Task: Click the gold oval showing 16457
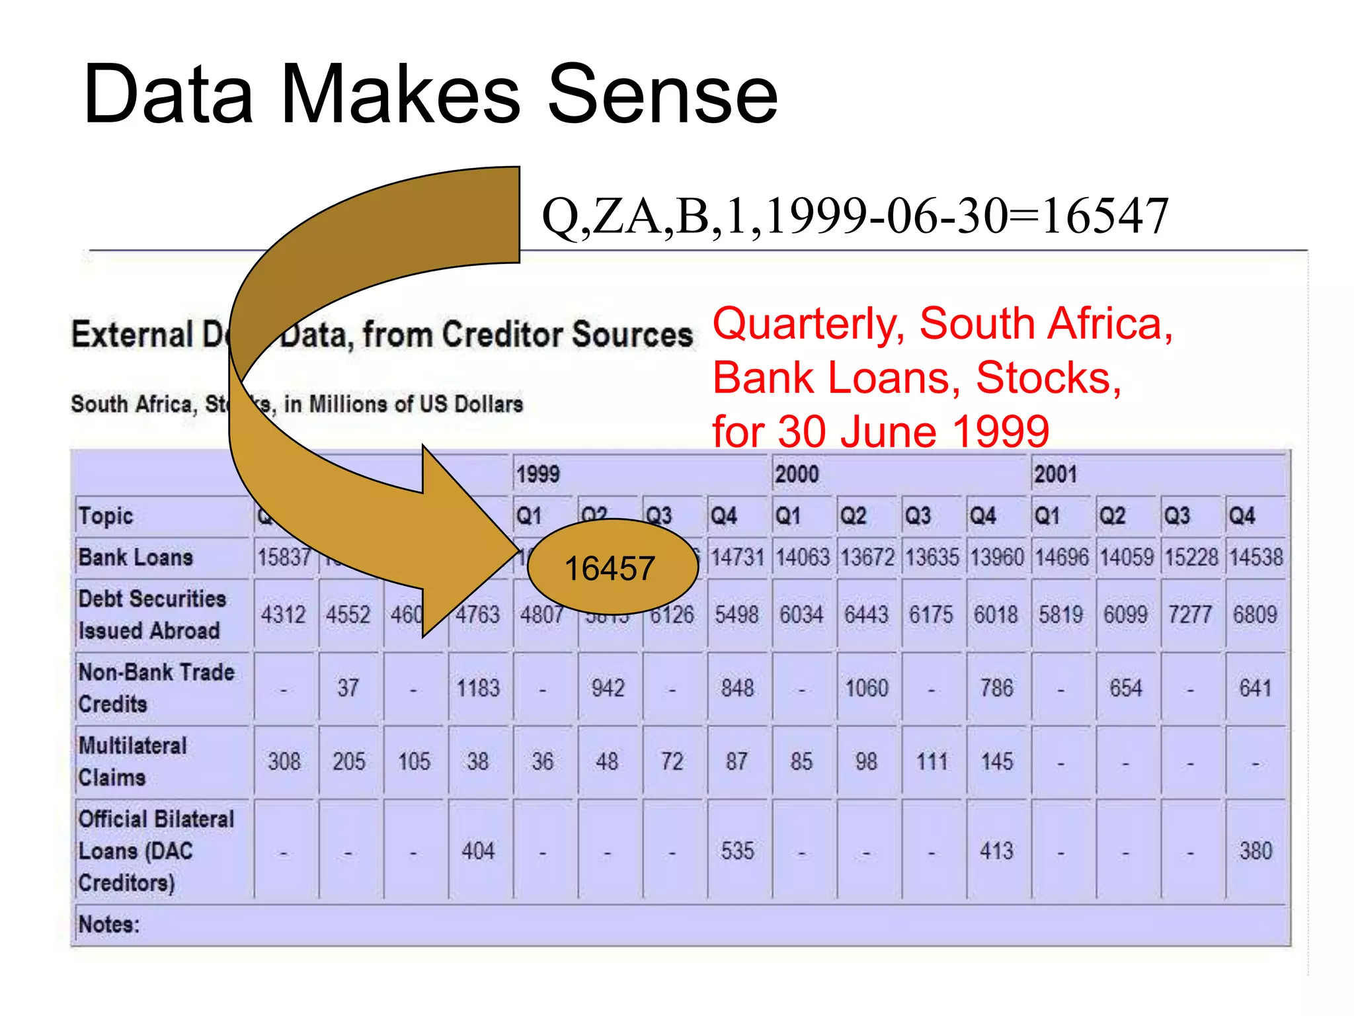click(612, 568)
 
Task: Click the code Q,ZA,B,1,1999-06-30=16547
click(855, 216)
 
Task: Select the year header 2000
click(797, 474)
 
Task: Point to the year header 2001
click(1055, 474)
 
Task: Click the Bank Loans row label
click(136, 557)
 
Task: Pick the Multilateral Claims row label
click(132, 761)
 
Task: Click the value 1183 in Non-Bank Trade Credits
click(478, 688)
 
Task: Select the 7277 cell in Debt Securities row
click(1190, 614)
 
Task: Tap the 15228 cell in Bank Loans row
click(1191, 557)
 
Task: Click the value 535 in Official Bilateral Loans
click(737, 851)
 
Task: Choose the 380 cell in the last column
click(1255, 851)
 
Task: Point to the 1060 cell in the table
click(867, 688)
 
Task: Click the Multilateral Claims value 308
click(284, 761)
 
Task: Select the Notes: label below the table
click(109, 924)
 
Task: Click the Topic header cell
click(106, 516)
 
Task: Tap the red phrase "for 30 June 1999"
click(881, 431)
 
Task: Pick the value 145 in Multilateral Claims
click(996, 761)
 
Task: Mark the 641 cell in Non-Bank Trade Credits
click(1255, 688)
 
